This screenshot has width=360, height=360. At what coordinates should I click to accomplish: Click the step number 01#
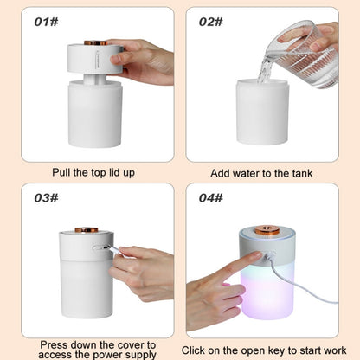click(46, 22)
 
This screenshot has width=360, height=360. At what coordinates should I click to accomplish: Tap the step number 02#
click(211, 22)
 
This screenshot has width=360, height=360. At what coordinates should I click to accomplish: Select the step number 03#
click(46, 198)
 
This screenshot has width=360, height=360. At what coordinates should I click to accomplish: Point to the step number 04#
click(211, 198)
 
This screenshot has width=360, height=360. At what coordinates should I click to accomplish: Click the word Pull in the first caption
click(61, 172)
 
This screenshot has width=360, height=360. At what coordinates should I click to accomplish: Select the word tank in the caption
click(302, 173)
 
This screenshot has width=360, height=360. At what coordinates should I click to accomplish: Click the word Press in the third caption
click(54, 344)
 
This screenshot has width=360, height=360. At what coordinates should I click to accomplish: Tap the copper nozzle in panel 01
click(96, 42)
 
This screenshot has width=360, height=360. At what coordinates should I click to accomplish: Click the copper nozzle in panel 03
click(87, 230)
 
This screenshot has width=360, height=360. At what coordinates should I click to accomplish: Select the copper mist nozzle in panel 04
click(267, 230)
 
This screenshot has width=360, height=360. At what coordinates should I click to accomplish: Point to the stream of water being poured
click(264, 72)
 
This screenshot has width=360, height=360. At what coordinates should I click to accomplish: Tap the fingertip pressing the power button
click(258, 254)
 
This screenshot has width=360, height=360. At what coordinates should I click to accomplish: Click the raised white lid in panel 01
click(95, 58)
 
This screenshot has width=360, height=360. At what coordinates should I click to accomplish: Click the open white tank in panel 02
click(262, 112)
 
